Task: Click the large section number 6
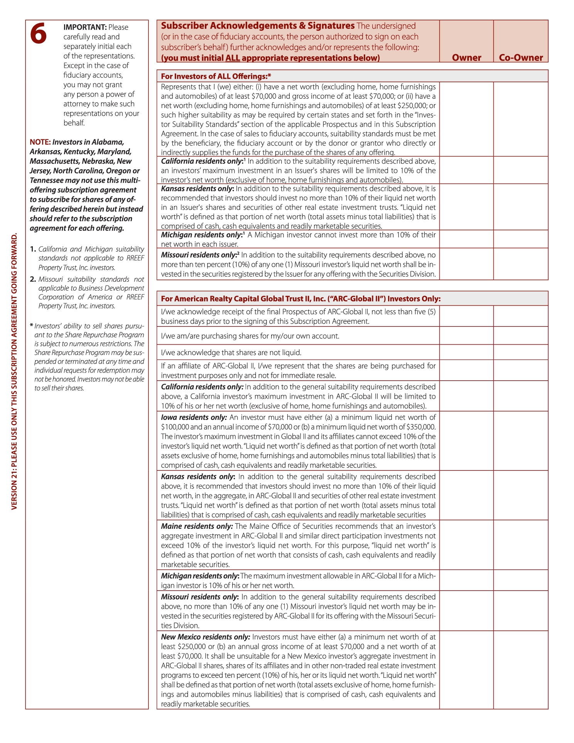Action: pyautogui.click(x=39, y=34)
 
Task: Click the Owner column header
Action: pyautogui.click(x=466, y=58)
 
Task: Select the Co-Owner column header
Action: pyautogui.click(x=521, y=58)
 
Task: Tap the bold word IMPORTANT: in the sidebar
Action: pyautogui.click(x=85, y=27)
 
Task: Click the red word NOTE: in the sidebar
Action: pyautogui.click(x=40, y=142)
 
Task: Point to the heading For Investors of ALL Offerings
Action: pyautogui.click(x=216, y=76)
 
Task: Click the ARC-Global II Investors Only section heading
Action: pyautogui.click(x=301, y=299)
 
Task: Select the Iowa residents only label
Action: pyautogui.click(x=194, y=417)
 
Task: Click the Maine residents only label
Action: pyautogui.click(x=197, y=526)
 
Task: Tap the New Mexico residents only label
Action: pyautogui.click(x=205, y=637)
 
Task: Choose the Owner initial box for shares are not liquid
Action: pyautogui.click(x=466, y=352)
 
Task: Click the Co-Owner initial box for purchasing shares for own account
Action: pyautogui.click(x=521, y=335)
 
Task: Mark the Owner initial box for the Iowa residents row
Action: pyautogui.click(x=466, y=441)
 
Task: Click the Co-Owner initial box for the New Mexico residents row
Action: pyautogui.click(x=521, y=670)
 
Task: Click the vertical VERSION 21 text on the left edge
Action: pyautogui.click(x=14, y=371)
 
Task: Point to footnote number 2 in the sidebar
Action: pyautogui.click(x=33, y=279)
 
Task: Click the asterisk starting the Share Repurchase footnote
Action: pyautogui.click(x=31, y=326)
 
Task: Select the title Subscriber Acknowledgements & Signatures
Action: pyautogui.click(x=258, y=26)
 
